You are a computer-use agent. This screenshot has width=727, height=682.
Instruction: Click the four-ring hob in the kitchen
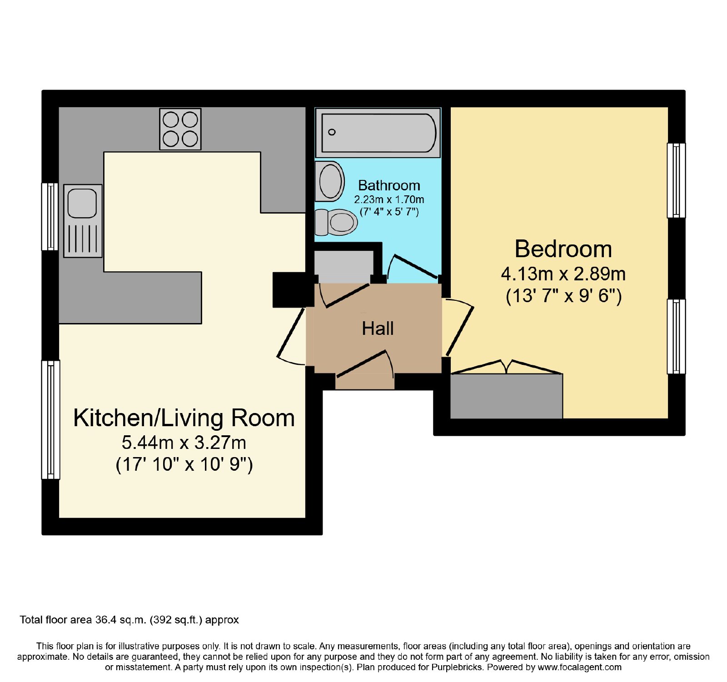(x=180, y=129)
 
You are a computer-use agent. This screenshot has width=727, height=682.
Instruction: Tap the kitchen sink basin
(x=82, y=203)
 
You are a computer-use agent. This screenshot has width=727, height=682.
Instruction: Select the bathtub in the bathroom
(x=378, y=133)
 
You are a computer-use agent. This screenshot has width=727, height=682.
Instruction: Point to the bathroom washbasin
(x=329, y=181)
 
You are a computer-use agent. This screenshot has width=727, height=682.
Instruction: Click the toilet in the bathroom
(x=336, y=222)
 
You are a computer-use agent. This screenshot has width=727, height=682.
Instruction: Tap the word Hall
(x=378, y=329)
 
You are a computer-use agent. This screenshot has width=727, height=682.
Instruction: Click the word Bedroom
(x=563, y=249)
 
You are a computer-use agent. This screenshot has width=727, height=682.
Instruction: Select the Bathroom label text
(x=389, y=185)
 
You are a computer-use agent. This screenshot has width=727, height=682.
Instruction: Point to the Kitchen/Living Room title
(x=184, y=418)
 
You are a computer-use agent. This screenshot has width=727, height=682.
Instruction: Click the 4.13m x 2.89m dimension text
(x=563, y=274)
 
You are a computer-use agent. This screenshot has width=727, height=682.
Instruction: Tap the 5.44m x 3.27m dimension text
(x=184, y=442)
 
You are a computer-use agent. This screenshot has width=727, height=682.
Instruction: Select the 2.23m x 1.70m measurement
(x=389, y=199)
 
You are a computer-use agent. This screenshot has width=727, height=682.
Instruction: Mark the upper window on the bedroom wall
(x=676, y=180)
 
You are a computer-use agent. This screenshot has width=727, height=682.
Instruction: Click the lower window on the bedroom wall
(x=676, y=336)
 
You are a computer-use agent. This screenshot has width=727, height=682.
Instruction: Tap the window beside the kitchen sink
(x=50, y=217)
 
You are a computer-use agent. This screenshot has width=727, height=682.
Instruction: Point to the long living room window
(x=50, y=420)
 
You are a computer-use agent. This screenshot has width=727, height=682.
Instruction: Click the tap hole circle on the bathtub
(x=332, y=132)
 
